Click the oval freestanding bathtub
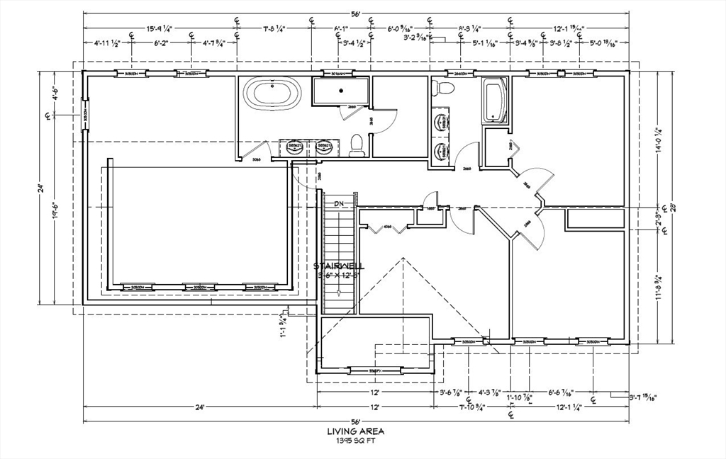(x=272, y=93)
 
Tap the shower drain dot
(x=341, y=91)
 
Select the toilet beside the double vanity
(x=357, y=144)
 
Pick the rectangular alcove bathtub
(x=495, y=101)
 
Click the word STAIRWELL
(x=339, y=266)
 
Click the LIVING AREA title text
(x=356, y=431)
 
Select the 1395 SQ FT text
(x=356, y=440)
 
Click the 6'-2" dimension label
(x=162, y=43)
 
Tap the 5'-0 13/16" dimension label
(x=603, y=43)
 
